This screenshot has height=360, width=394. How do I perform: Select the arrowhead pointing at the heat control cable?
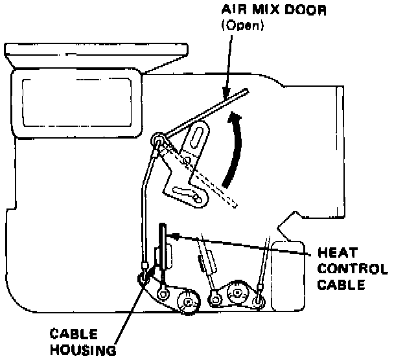pyautogui.click(x=174, y=236)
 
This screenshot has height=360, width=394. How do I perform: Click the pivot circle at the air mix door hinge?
pyautogui.click(x=156, y=141)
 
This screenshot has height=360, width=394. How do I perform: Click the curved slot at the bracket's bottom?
pyautogui.click(x=189, y=194)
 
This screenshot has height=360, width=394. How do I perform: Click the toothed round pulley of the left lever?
pyautogui.click(x=189, y=300)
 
